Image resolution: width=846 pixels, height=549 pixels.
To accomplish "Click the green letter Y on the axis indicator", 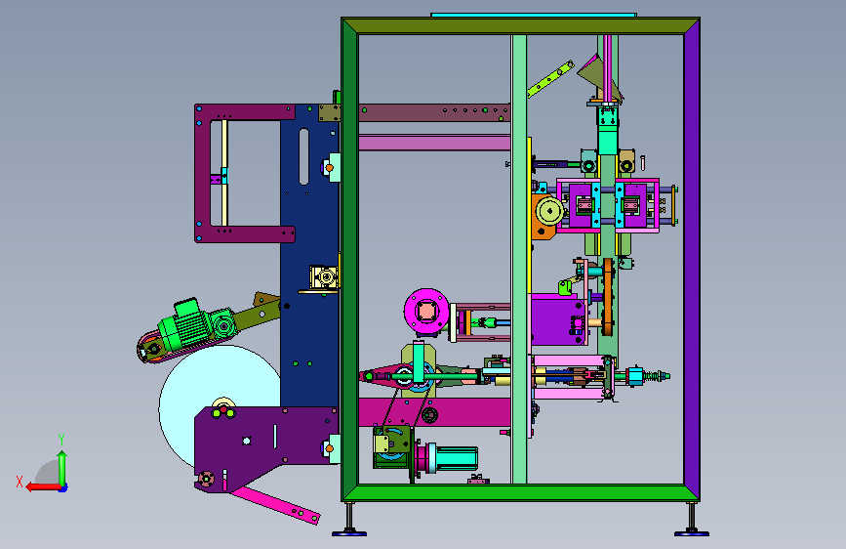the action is (x=61, y=439).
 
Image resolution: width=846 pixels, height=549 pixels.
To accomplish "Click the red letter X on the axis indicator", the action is (x=20, y=482).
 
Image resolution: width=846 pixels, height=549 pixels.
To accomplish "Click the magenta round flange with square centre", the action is (x=426, y=311).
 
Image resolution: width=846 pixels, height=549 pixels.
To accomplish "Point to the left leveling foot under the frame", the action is (x=349, y=521).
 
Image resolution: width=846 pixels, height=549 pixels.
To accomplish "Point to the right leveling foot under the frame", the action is (x=692, y=521).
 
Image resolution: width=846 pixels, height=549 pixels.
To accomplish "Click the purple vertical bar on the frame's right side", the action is (x=692, y=260).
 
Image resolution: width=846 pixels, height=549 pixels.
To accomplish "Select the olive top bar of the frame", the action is (x=521, y=26).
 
